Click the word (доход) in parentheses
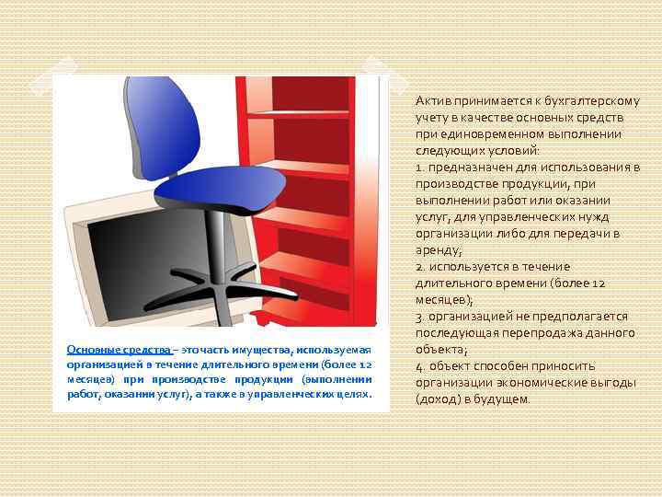tap(436, 399)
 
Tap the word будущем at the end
tap(508, 399)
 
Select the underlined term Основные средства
tap(120, 351)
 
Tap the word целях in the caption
tap(353, 394)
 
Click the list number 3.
tap(418, 317)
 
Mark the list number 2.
tap(418, 267)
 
